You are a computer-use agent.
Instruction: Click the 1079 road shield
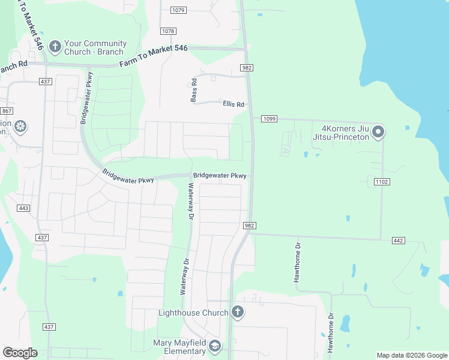(x=178, y=10)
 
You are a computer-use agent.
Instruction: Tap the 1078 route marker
(x=168, y=31)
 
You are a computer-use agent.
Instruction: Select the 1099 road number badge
(x=268, y=119)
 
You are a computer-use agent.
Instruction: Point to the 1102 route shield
(x=381, y=181)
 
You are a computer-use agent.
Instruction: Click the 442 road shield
(x=398, y=240)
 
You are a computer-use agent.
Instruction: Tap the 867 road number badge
(x=7, y=111)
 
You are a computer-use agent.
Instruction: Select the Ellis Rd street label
(x=234, y=104)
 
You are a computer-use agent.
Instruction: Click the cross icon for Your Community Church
(x=55, y=47)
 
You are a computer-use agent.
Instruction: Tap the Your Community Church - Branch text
(x=95, y=47)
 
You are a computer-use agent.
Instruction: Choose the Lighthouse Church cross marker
(x=238, y=312)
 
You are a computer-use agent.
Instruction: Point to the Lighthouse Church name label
(x=193, y=313)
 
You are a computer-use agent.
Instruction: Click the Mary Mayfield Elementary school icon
(x=215, y=346)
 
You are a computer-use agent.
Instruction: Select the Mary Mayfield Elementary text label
(x=179, y=347)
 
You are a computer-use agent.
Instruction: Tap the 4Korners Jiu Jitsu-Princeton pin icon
(x=378, y=131)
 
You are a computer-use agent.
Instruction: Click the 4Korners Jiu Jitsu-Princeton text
(x=345, y=132)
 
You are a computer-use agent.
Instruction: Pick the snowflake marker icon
(x=20, y=127)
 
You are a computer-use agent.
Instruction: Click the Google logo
(x=20, y=353)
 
